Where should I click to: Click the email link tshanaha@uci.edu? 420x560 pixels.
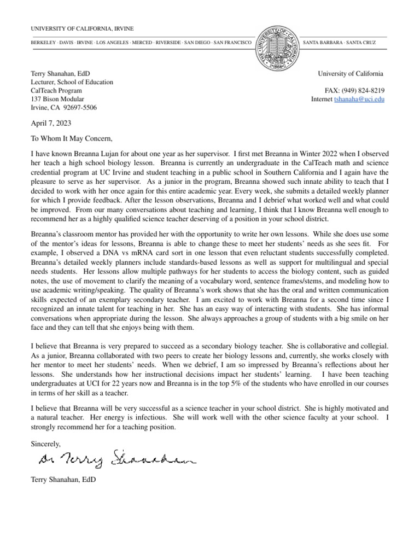[x=359, y=100]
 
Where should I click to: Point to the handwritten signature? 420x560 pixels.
[x=115, y=458]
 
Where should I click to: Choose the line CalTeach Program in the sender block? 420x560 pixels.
[x=56, y=91]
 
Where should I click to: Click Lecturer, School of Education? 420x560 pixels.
[x=72, y=82]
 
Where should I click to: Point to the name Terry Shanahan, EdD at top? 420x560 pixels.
[x=61, y=73]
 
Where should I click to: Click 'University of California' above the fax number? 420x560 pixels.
[x=351, y=73]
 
